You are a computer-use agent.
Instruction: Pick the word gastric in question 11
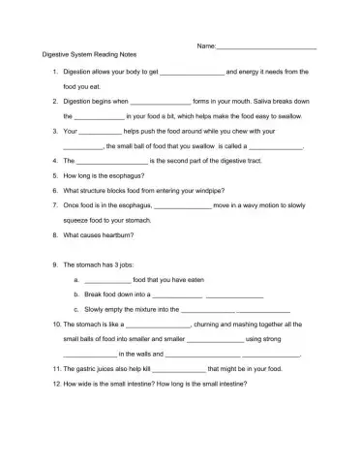click(x=91, y=369)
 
